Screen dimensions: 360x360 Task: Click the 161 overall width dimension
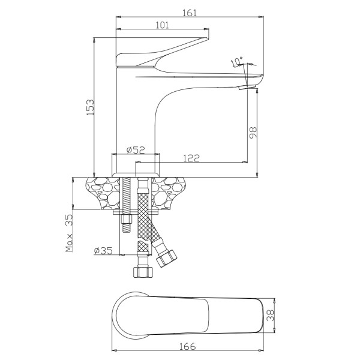pos(190,13)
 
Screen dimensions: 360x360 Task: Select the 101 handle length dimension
pos(163,25)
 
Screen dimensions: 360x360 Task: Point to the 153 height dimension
pos(90,107)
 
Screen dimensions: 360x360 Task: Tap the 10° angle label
pos(237,61)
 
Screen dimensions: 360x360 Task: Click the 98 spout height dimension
pos(253,133)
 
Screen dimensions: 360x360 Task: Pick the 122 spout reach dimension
pos(191,158)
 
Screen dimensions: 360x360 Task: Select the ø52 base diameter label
pos(136,149)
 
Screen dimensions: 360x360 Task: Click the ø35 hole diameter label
pos(103,250)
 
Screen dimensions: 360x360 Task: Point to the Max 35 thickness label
pos(69,233)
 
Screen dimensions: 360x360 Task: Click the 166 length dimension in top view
pos(187,346)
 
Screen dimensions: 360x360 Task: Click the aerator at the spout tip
pos(247,87)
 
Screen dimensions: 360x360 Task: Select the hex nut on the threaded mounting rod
pos(127,219)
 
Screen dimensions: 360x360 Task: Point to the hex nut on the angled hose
pos(166,259)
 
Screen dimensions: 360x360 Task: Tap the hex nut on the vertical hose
pos(143,272)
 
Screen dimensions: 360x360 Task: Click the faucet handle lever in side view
pos(163,52)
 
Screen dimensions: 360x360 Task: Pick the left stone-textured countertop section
pos(103,193)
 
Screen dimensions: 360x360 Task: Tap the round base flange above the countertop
pos(136,175)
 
